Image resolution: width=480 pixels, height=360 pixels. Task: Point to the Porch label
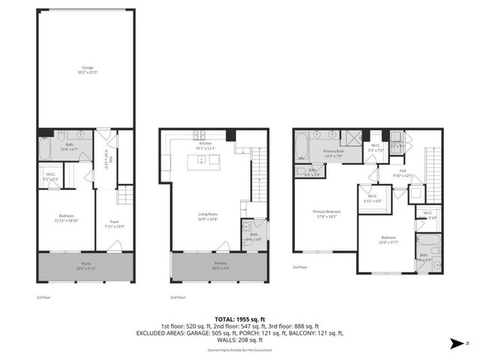(86, 265)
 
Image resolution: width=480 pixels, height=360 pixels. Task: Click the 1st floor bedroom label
(66, 217)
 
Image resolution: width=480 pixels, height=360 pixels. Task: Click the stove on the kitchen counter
(200, 136)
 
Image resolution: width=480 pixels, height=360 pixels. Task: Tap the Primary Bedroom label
(327, 213)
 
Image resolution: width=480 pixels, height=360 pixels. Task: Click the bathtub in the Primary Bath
(301, 146)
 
